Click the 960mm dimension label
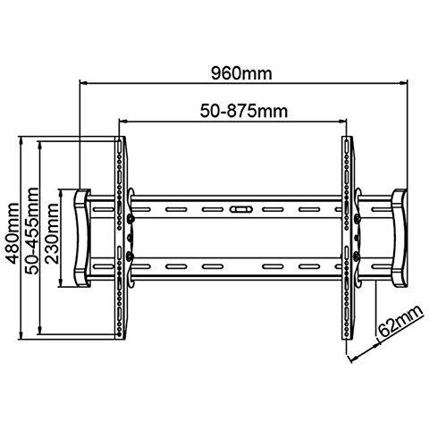coord(241,73)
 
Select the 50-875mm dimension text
coord(244,111)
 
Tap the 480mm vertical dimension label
coord(13,233)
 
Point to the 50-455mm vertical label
coord(32,231)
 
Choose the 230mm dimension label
coord(52,233)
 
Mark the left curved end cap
coord(81,238)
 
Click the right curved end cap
coord(400,238)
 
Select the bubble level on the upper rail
coord(241,209)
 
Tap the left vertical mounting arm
coord(121,238)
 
